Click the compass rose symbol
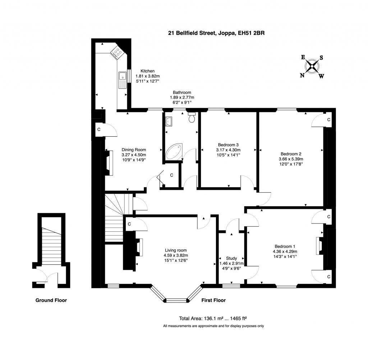click(312, 66)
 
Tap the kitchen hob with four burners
click(118, 53)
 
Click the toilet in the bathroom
click(192, 117)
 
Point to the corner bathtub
click(174, 152)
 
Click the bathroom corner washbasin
click(169, 122)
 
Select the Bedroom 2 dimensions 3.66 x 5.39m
click(291, 159)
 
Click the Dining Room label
click(134, 150)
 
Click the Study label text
click(231, 258)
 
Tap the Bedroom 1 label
click(285, 246)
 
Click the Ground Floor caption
click(51, 300)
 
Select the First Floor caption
click(213, 300)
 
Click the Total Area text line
click(213, 318)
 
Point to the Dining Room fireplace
click(107, 163)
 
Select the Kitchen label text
click(147, 71)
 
